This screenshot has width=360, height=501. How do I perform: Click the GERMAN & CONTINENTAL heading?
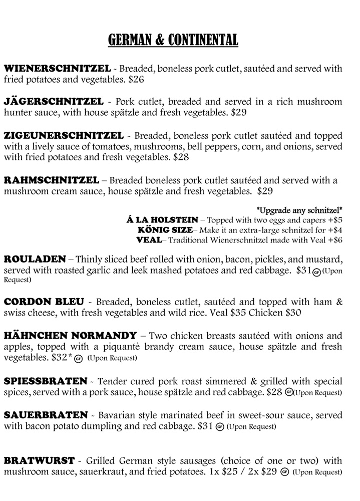pos(173,40)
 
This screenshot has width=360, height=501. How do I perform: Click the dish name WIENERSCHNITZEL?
pos(57,68)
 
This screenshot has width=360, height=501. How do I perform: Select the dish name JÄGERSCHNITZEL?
pos(54,102)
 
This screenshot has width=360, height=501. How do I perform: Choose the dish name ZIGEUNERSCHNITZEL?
pos(64,136)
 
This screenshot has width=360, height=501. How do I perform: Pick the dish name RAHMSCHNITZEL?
pos(52,180)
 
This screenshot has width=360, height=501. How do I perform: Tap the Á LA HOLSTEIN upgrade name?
pos(163,220)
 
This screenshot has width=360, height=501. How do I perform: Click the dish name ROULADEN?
pos(35,260)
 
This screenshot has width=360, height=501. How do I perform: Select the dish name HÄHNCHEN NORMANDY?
pos(70,336)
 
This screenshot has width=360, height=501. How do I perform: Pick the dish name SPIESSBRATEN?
pos(45,381)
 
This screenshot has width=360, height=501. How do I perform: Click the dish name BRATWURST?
pos(39,460)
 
